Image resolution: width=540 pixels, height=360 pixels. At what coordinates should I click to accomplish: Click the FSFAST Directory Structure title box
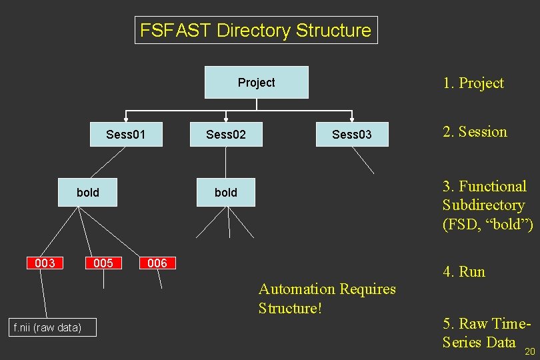256,31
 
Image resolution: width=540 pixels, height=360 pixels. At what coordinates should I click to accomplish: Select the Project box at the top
256,83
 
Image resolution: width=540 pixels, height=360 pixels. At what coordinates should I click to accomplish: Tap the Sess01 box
125,135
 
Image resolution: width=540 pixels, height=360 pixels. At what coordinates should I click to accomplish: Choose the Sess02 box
225,135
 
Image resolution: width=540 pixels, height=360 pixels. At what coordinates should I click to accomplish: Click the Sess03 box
351,135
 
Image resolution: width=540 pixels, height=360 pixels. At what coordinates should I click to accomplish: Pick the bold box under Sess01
87,192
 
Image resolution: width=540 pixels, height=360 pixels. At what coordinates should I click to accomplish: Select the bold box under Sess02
225,192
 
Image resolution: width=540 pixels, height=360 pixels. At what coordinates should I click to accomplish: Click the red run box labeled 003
45,263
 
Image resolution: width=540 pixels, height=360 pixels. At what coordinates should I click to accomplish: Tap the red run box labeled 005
103,263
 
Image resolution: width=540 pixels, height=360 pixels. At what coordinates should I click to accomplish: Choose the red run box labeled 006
157,263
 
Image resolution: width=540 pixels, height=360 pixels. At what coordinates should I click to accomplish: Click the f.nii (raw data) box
47,327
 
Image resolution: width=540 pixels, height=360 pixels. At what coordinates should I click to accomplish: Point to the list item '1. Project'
473,83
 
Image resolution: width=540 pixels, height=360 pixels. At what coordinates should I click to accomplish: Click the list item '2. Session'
475,132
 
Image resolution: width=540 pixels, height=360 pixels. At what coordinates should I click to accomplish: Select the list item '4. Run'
464,271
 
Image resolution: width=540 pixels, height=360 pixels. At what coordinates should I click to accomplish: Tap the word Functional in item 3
492,186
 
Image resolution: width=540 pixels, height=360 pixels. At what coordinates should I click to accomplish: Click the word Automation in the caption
297,289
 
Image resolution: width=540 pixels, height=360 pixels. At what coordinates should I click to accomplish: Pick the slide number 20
530,351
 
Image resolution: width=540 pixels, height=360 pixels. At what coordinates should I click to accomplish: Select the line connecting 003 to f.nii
44,293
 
